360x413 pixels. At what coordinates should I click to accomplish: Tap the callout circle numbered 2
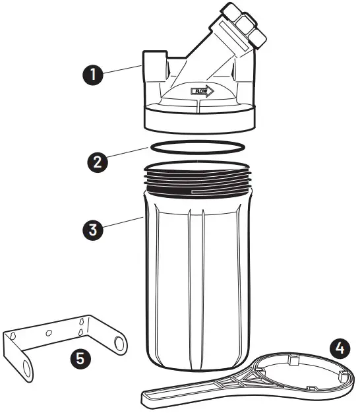97,161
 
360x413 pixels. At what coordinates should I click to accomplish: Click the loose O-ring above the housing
196,146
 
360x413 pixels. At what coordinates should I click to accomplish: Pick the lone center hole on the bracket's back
49,334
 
